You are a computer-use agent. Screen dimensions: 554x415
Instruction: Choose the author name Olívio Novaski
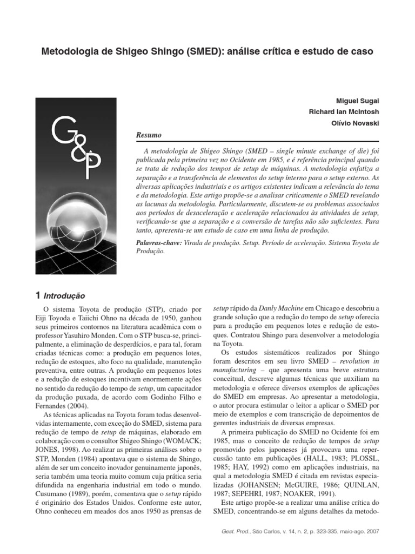pyautogui.click(x=354, y=123)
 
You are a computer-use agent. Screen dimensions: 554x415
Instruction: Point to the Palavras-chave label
pyautogui.click(x=159, y=243)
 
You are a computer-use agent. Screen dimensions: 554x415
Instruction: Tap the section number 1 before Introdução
pyautogui.click(x=37, y=295)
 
